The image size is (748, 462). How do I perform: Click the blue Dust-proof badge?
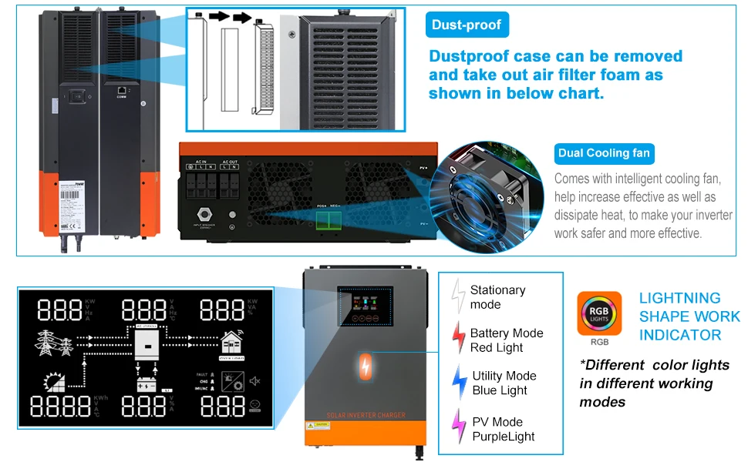click(x=467, y=25)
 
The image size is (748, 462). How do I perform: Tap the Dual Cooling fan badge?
click(x=605, y=153)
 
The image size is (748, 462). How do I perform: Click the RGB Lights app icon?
click(x=599, y=313)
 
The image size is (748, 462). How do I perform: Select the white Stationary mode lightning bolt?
click(x=457, y=296)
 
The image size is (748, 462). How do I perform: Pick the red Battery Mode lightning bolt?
click(x=458, y=340)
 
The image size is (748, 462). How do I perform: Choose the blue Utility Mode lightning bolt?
click(x=459, y=383)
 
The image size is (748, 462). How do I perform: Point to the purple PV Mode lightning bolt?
click(x=458, y=427)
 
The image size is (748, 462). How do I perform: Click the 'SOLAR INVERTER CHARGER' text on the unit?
click(x=366, y=416)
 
